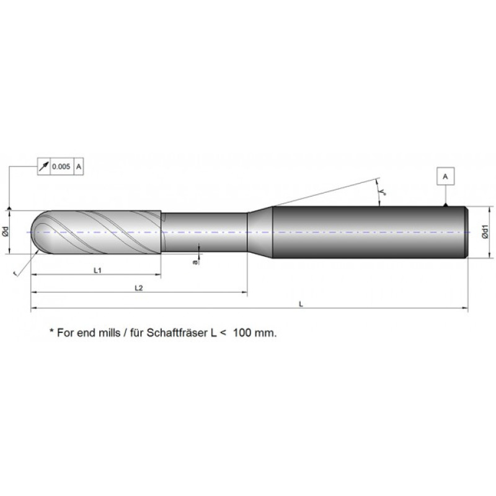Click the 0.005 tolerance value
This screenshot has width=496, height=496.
pos(61,166)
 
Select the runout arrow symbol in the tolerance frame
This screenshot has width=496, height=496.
pos(44,166)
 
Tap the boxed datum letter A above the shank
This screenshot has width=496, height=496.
pos(445,177)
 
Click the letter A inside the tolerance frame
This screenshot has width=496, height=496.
pos(79,166)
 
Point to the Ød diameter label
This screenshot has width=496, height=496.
pos(6,231)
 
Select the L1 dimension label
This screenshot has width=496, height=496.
pos(97,270)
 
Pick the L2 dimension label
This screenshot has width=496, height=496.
pos(138,288)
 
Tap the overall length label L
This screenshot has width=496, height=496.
pos(301,304)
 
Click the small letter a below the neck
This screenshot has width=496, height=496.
pos(195,262)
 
